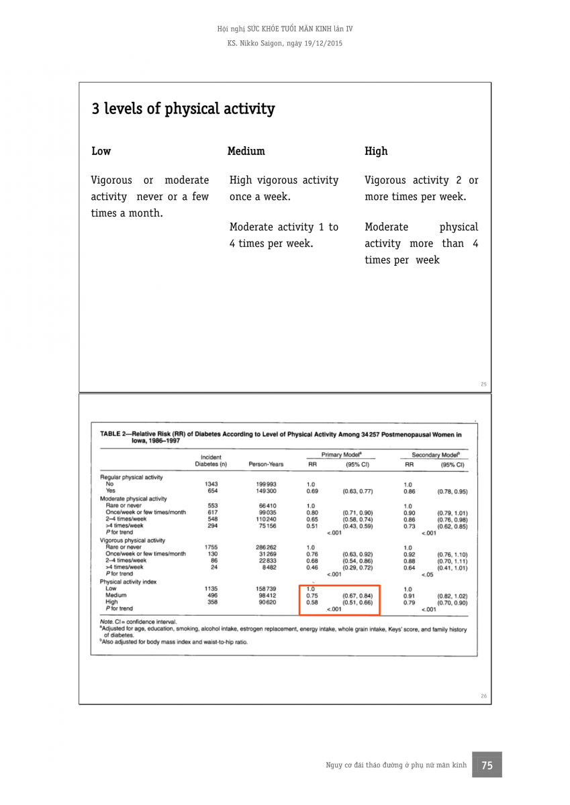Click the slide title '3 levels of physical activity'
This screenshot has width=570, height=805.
(183, 109)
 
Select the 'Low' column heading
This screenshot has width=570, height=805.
(101, 151)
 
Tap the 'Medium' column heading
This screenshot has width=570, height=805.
(246, 151)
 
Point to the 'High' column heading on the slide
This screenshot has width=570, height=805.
(376, 151)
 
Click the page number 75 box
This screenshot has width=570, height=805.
(487, 765)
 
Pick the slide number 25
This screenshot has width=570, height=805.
(483, 384)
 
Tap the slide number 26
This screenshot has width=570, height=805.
(483, 696)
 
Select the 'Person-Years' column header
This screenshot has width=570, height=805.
(266, 464)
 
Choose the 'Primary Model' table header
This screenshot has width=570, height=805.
(342, 455)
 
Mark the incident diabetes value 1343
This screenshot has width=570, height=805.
(211, 484)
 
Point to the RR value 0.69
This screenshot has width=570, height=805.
(311, 491)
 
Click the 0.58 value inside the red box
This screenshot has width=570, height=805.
(312, 602)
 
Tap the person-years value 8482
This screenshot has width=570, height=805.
(267, 568)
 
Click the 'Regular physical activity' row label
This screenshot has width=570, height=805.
(132, 477)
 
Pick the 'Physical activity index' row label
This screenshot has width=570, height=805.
(128, 582)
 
